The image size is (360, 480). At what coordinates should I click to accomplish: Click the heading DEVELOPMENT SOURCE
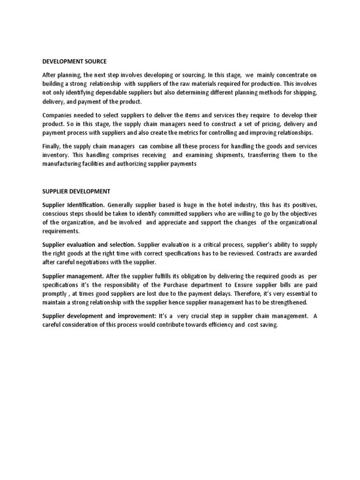point(75,61)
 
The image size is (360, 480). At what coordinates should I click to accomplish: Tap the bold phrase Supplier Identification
point(74,205)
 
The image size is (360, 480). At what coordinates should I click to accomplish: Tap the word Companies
point(58,115)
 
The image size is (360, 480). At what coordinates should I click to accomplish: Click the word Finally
point(52,146)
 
